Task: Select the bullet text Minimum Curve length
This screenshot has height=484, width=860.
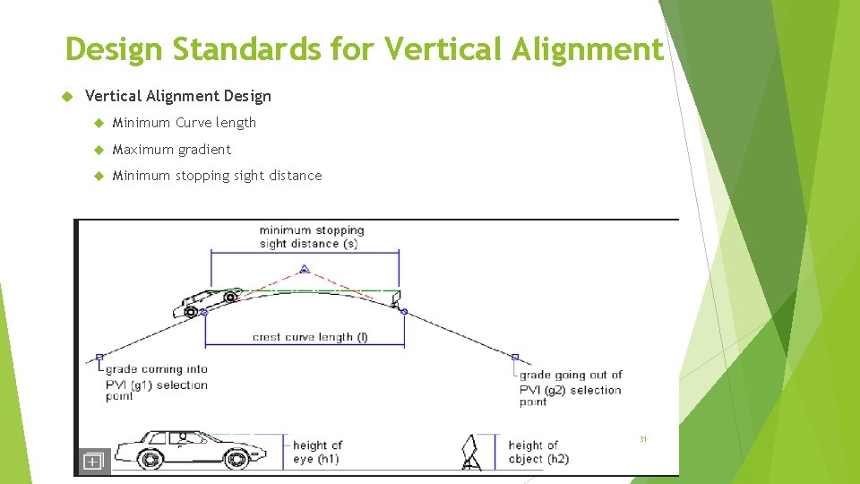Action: click(x=185, y=123)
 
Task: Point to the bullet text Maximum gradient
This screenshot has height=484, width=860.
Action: click(x=172, y=149)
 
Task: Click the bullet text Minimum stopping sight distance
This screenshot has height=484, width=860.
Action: click(x=217, y=176)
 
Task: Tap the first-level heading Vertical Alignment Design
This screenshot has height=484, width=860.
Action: click(x=177, y=96)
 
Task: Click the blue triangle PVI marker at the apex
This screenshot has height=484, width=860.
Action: click(x=305, y=268)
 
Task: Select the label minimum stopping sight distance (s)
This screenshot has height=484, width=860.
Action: click(x=311, y=237)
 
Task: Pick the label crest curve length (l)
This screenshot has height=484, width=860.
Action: click(x=310, y=338)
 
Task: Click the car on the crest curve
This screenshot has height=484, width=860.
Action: click(x=208, y=300)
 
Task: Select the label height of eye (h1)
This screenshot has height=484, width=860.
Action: click(x=317, y=452)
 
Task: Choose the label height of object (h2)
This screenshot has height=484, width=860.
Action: click(x=538, y=452)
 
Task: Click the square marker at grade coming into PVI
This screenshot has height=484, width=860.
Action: click(x=99, y=357)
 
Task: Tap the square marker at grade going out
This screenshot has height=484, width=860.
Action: click(x=515, y=357)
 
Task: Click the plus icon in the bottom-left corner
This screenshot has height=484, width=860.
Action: click(x=93, y=462)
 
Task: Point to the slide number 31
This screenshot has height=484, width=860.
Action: click(x=642, y=439)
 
